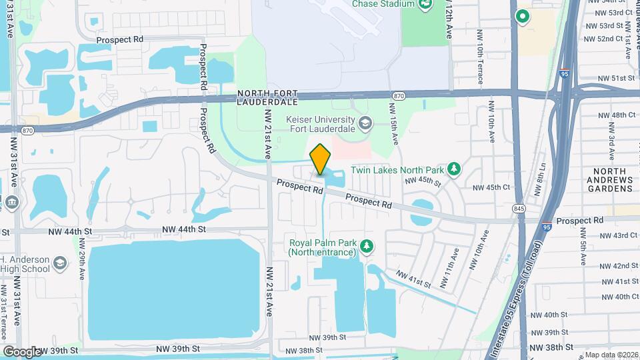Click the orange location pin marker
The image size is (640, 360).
coord(321,159)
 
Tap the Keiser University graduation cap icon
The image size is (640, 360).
coord(365,123)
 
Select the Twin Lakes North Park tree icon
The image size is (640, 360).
coord(454,168)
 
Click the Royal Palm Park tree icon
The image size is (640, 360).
coord(366,247)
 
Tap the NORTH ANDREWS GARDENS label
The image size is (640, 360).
coord(609,179)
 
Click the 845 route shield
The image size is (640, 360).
coord(519,208)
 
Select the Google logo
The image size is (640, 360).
coord(21,351)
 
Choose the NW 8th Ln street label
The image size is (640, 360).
coord(541,180)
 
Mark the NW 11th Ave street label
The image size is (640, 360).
coord(455,263)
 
